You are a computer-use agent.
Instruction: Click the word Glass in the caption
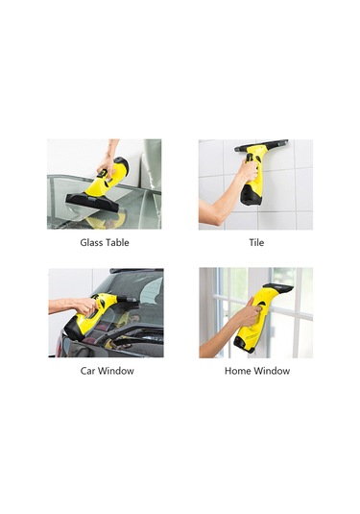tap(92, 243)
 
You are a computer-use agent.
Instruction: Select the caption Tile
tap(254, 243)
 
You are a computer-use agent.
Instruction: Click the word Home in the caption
tap(237, 371)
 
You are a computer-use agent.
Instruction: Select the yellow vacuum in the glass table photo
tap(108, 178)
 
